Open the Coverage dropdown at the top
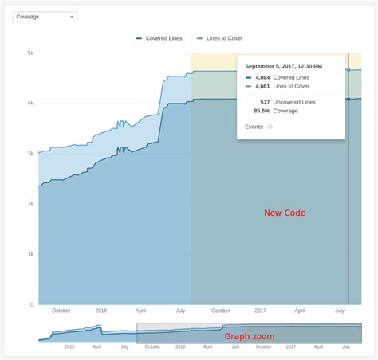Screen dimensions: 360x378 [x=45, y=16]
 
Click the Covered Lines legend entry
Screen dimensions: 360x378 [x=163, y=37]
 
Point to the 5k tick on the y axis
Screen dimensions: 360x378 [x=30, y=53]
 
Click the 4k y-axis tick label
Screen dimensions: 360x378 [x=30, y=104]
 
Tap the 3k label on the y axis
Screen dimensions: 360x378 [x=30, y=154]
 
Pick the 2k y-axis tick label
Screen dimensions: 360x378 [x=30, y=204]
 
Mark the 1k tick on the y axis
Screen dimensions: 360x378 [x=30, y=254]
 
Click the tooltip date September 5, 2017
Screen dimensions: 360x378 [x=283, y=66]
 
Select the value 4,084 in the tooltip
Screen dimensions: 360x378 [x=262, y=77]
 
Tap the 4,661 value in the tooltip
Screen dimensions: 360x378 [x=262, y=86]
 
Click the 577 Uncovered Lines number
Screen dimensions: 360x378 [x=264, y=102]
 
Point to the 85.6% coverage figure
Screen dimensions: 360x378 [x=262, y=111]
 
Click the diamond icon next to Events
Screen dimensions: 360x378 [x=270, y=127]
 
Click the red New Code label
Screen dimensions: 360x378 [x=285, y=213]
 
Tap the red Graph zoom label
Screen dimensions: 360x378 [x=249, y=336]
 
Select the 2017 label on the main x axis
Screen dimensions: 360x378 [x=260, y=311]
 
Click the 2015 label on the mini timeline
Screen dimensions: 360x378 [x=69, y=347]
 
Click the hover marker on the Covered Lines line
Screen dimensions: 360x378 [x=348, y=100]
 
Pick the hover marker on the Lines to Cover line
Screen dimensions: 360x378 [x=348, y=71]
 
